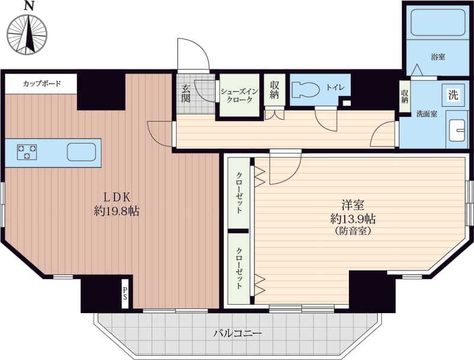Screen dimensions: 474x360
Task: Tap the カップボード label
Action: (42, 84)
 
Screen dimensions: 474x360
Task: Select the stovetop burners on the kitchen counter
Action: (27, 152)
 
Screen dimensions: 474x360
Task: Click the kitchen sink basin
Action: (81, 152)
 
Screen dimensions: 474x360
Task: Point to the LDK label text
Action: (117, 197)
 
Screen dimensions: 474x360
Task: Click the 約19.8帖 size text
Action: (117, 211)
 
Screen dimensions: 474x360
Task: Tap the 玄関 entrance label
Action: (185, 93)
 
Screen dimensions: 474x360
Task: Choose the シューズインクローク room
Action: (239, 95)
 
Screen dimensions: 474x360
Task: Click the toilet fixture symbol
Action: (305, 90)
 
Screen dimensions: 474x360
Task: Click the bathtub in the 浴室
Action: (438, 23)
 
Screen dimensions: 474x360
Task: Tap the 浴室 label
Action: (438, 56)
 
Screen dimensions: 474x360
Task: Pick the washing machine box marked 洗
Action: (453, 95)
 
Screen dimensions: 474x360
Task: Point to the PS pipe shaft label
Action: (125, 294)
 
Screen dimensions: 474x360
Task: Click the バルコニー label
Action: (238, 334)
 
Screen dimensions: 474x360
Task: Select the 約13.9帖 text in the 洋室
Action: (353, 218)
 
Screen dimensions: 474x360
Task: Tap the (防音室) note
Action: (353, 231)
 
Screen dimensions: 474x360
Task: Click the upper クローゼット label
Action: (239, 193)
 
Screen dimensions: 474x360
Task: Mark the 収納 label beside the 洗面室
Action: (405, 97)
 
